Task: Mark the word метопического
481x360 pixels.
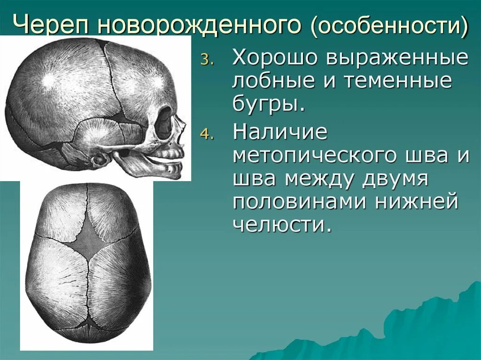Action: pyautogui.click(x=318, y=155)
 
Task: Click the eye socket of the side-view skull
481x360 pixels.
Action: pyautogui.click(x=163, y=123)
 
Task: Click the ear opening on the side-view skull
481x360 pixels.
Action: pyautogui.click(x=100, y=160)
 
